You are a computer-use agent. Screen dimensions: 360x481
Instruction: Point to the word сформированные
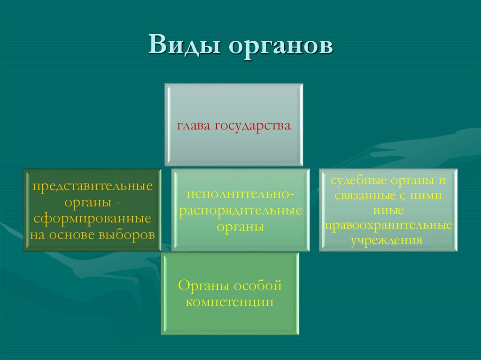pyautogui.click(x=92, y=219)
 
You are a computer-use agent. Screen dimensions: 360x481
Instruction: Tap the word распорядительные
pyautogui.click(x=240, y=210)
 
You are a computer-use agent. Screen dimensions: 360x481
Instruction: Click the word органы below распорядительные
pyautogui.click(x=240, y=226)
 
